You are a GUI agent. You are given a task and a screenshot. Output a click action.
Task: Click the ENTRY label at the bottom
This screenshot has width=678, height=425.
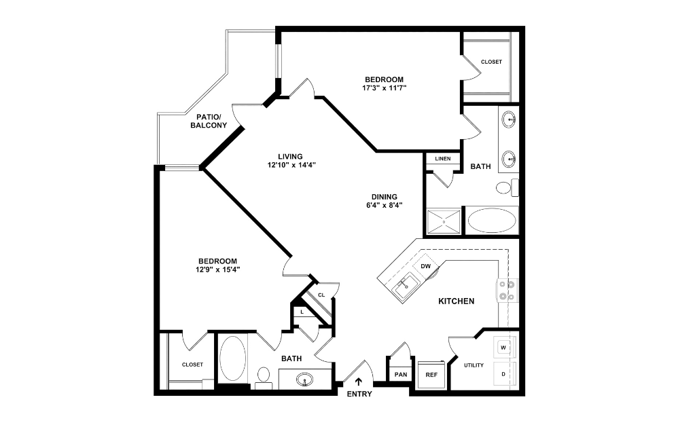tap(359, 394)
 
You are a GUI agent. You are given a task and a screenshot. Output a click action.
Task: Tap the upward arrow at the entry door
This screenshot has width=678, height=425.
tap(359, 382)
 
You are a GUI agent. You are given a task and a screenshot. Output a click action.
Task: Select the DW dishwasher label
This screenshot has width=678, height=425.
tap(426, 267)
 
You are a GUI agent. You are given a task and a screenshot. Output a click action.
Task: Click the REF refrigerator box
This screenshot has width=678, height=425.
tap(431, 375)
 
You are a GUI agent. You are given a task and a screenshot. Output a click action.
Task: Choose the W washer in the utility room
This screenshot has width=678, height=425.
tap(503, 348)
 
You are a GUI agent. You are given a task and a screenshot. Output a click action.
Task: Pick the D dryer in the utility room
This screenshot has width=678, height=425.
tap(503, 374)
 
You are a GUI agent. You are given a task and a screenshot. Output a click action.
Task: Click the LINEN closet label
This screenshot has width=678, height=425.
tap(442, 159)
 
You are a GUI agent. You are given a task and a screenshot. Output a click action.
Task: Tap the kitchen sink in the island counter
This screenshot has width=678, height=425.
tap(406, 287)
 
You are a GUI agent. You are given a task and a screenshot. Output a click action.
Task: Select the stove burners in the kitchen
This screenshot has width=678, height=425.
tap(506, 290)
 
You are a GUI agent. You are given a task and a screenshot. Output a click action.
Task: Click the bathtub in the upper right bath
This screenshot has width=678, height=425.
tap(492, 221)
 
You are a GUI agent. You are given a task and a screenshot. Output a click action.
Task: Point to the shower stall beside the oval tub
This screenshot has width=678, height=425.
tap(444, 221)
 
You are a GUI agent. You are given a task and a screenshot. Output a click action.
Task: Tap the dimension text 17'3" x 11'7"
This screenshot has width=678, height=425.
tap(385, 88)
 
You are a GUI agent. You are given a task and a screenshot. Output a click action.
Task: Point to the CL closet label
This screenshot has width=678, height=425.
tap(321, 294)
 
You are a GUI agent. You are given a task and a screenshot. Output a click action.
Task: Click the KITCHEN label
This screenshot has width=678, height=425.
tap(456, 301)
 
